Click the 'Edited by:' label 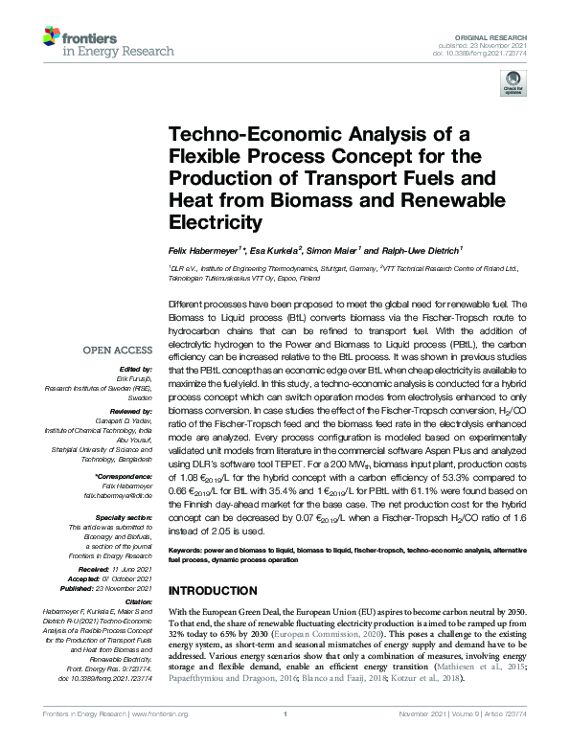(x=136, y=369)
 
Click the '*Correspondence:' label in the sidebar (x=125, y=475)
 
